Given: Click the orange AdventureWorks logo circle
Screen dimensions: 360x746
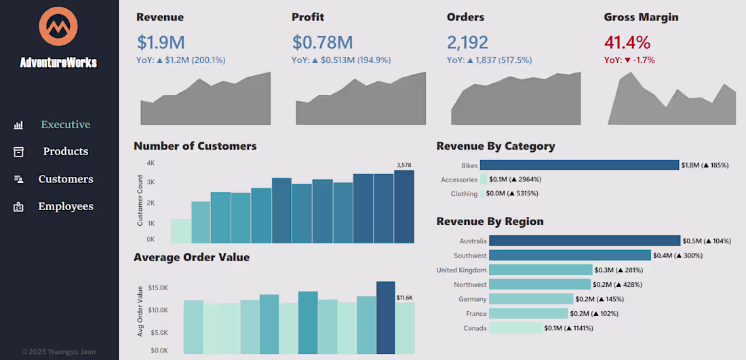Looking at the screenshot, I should click(x=58, y=26).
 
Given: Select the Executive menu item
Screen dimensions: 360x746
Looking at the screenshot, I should click(x=65, y=125).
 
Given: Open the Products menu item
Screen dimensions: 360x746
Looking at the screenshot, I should click(x=65, y=152).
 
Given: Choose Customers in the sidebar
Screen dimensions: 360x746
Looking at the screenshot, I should click(x=65, y=179).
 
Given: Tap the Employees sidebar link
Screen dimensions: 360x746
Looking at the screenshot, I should click(x=65, y=206).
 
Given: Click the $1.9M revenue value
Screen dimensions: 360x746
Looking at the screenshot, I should click(x=161, y=43).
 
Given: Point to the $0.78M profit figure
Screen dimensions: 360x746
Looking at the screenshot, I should click(x=322, y=43).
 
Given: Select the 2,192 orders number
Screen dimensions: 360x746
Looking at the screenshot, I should click(x=467, y=43).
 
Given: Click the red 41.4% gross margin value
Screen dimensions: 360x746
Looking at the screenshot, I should click(x=627, y=43).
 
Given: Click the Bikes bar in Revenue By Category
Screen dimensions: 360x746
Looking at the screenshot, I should click(x=579, y=165).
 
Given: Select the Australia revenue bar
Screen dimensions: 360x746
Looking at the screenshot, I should click(x=584, y=241).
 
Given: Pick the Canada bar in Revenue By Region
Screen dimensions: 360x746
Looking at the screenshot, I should click(x=515, y=328).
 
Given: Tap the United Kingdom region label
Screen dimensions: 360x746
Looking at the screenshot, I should click(x=461, y=270).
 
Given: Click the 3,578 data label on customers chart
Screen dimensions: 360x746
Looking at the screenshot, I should click(x=404, y=165).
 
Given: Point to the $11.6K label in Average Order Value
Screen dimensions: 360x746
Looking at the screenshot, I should click(x=404, y=297).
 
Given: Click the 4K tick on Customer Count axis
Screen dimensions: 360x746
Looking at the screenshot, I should click(x=151, y=163).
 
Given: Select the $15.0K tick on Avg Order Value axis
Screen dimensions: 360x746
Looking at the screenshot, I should click(x=158, y=288).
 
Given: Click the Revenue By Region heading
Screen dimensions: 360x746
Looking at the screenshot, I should click(x=490, y=222).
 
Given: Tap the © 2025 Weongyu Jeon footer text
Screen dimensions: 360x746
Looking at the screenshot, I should click(x=58, y=352).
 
